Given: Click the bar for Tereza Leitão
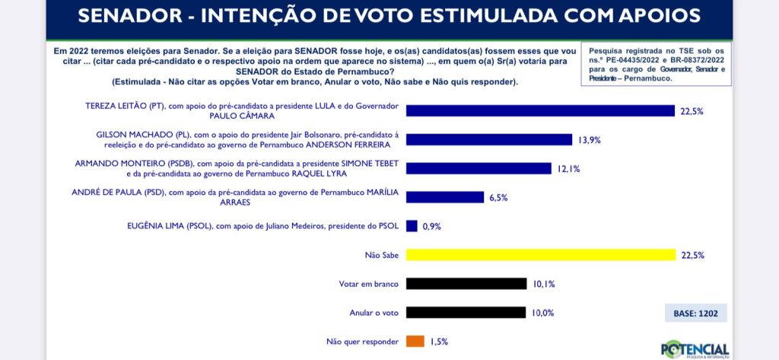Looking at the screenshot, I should (540, 111).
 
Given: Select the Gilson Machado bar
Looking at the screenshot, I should (488, 139).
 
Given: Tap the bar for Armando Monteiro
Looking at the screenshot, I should (479, 168).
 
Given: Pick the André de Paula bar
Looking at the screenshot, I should (445, 197).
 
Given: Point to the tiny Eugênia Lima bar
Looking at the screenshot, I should (412, 226).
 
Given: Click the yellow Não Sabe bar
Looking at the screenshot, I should (540, 255).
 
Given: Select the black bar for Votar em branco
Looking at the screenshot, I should (466, 284).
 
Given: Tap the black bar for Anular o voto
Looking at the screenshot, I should (466, 312).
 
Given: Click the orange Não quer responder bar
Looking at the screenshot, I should (415, 342).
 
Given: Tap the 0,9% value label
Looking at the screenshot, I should (431, 227).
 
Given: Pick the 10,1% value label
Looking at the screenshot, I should (544, 285).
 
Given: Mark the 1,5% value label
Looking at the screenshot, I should (437, 342).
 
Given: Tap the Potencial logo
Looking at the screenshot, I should (695, 347).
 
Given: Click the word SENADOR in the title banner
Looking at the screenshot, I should (127, 16).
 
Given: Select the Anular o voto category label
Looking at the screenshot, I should (374, 313).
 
